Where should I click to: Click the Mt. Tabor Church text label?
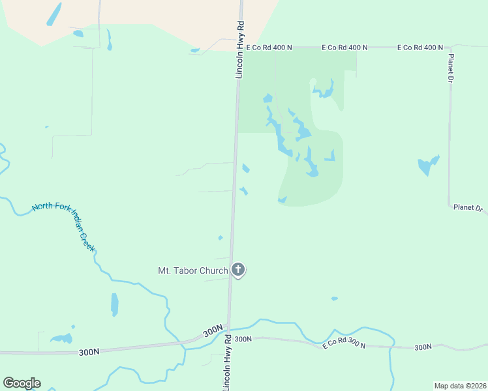193,270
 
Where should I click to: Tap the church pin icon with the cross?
238,269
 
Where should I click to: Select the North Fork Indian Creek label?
64,227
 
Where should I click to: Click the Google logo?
22,383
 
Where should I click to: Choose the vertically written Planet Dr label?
450,68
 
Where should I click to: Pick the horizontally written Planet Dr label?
468,209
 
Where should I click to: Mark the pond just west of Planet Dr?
428,165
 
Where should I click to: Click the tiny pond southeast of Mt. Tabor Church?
334,298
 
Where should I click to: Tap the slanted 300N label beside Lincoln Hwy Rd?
213,331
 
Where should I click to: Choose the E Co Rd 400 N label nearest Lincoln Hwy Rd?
270,48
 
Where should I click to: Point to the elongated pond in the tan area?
54,14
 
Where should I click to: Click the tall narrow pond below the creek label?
115,304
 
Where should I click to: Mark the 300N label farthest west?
89,352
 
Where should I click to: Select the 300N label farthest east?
423,347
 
